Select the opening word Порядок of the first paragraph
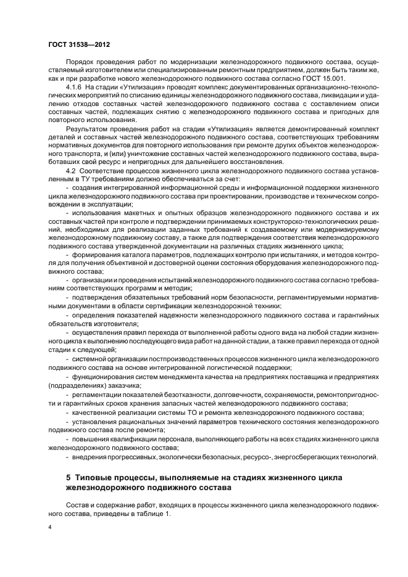point(80,61)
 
